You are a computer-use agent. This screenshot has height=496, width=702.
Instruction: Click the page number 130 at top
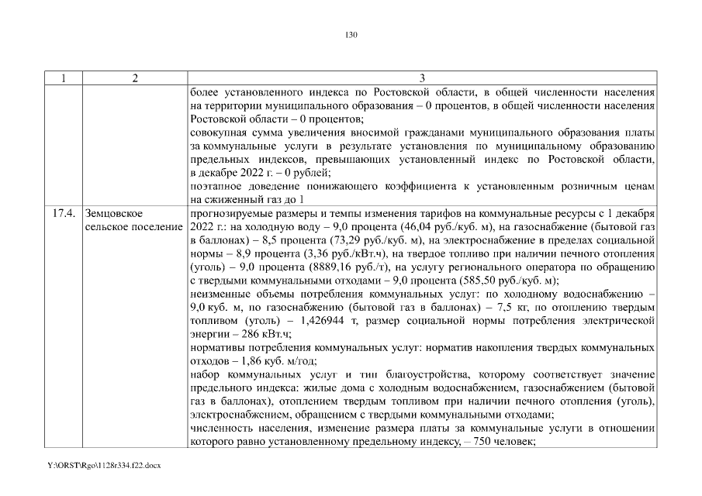[x=351, y=34]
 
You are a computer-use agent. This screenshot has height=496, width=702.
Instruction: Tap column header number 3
[x=422, y=78]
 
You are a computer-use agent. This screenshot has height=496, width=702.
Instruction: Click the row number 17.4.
[x=62, y=212]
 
